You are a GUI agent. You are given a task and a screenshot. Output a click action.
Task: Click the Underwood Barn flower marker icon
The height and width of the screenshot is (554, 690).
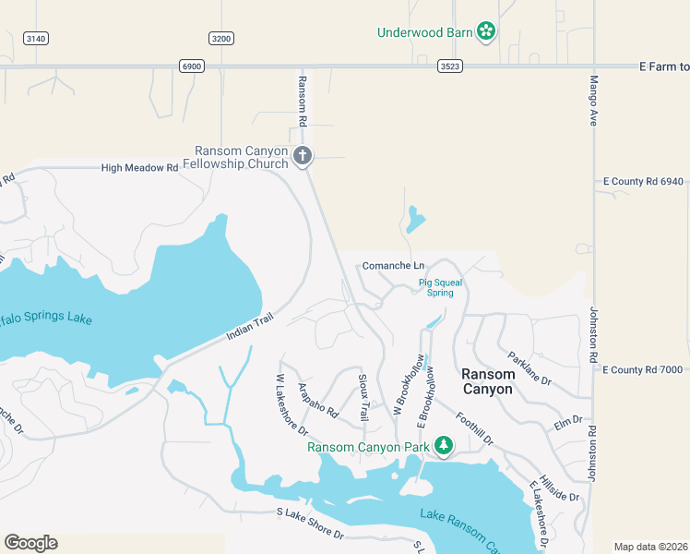[x=486, y=32]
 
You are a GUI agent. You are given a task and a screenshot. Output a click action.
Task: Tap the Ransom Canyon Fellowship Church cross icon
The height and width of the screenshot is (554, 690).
[x=303, y=156]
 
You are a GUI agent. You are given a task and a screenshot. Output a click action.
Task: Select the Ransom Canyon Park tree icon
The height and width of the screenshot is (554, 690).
[x=444, y=447]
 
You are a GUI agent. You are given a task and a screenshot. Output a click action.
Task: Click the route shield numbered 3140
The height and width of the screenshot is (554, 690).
[x=36, y=38]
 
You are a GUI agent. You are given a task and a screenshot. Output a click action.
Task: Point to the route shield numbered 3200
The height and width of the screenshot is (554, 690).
[x=221, y=38]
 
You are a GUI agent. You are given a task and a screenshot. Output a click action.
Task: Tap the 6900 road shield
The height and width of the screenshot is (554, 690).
[x=192, y=66]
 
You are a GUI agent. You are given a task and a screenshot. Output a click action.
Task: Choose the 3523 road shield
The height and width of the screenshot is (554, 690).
[x=450, y=66]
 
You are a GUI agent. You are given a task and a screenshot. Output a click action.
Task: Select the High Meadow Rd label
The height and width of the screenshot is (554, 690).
[x=139, y=168]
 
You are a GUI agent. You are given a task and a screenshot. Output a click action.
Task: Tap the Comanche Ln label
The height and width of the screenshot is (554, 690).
[x=393, y=266]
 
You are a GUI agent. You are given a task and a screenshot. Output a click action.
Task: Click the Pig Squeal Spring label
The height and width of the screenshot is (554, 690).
[x=436, y=287]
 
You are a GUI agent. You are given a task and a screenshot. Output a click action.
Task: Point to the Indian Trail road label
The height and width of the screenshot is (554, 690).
[x=251, y=326]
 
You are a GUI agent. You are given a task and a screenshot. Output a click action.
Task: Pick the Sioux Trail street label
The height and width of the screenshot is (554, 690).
[x=363, y=399]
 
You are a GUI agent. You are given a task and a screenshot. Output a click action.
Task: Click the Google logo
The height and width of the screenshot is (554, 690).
[x=30, y=543]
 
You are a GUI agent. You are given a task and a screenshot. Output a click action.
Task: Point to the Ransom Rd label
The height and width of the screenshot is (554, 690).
[x=302, y=102]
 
